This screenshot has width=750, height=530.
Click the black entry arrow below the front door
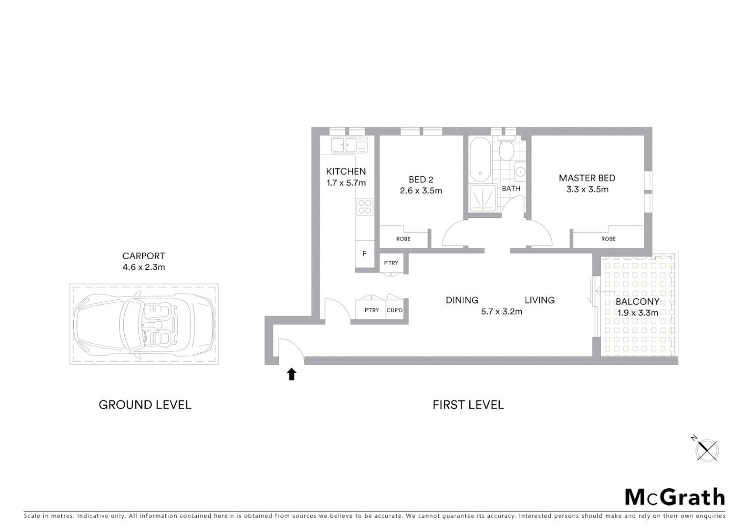click(292, 374)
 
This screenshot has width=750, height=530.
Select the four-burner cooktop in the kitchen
click(365, 206)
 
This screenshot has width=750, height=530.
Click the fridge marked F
click(364, 254)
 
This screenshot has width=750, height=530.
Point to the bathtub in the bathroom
click(480, 159)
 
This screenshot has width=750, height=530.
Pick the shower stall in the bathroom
click(483, 198)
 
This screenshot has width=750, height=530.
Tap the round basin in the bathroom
click(520, 172)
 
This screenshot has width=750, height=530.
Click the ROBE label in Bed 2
click(403, 239)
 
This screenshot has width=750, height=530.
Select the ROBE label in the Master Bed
click(608, 239)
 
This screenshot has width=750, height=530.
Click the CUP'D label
click(395, 310)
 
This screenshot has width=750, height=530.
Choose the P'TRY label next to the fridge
click(391, 263)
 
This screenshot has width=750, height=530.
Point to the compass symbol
click(707, 450)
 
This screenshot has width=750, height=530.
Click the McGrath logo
click(674, 497)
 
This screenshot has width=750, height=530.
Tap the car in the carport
click(143, 324)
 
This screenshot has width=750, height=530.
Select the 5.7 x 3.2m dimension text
click(502, 311)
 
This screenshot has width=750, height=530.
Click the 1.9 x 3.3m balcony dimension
click(638, 313)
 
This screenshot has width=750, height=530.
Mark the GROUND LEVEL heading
click(145, 405)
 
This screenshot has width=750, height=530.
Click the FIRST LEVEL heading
click(468, 405)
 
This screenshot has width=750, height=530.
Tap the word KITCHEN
click(346, 171)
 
